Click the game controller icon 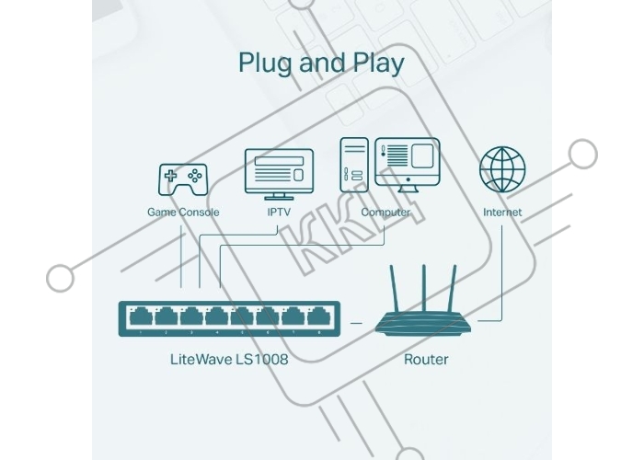point(183,179)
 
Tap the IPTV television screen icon point(279,174)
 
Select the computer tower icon point(354,165)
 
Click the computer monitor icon point(407,165)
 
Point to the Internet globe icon point(502,169)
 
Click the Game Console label point(183,213)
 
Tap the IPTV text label point(279,213)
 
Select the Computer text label point(385,213)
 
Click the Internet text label point(502,213)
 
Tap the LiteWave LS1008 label point(229,360)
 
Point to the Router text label point(426,360)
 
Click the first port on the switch point(141,317)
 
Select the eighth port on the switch point(319,317)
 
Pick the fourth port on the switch point(217,317)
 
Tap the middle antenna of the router point(423,288)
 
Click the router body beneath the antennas point(423,323)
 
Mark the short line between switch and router point(356,323)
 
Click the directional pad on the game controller point(170,177)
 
